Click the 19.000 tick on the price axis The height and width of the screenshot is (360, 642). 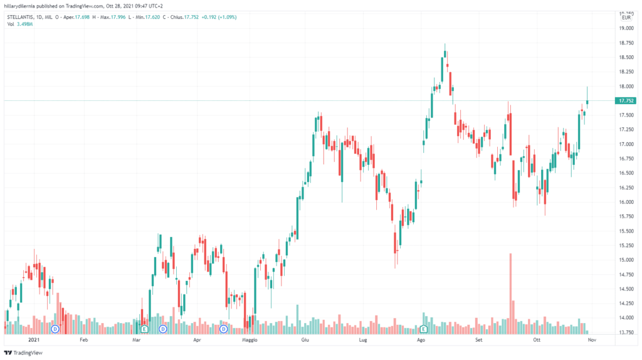(x=626, y=28)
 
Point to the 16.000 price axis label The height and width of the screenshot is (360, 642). (x=626, y=202)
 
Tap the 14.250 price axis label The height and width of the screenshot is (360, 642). (x=626, y=304)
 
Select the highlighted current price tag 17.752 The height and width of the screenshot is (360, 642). (x=626, y=100)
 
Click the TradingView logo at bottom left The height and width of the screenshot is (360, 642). (x=20, y=352)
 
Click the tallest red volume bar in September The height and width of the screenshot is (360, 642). (x=510, y=289)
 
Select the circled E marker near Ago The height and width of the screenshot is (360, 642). (x=424, y=329)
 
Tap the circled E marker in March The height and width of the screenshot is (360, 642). (x=145, y=329)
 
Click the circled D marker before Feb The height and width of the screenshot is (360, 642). (x=55, y=329)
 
